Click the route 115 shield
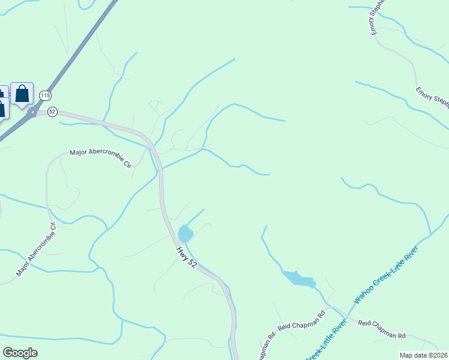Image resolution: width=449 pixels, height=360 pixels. point(46,96)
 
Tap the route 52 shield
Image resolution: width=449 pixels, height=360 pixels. point(52,112)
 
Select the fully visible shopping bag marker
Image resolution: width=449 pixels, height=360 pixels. point(22,94)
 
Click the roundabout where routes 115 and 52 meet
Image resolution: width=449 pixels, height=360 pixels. point(34,113)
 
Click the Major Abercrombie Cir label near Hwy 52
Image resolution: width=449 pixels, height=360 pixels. point(100,158)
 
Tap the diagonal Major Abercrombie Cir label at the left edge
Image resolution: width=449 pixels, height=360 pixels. point(36,250)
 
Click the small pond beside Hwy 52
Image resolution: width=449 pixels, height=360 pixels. point(185,233)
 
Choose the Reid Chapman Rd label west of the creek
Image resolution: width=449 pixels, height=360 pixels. point(301,321)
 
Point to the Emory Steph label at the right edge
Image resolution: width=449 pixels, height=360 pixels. point(432,98)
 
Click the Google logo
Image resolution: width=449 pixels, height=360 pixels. point(20,353)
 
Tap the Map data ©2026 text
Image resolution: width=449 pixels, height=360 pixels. point(423,355)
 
